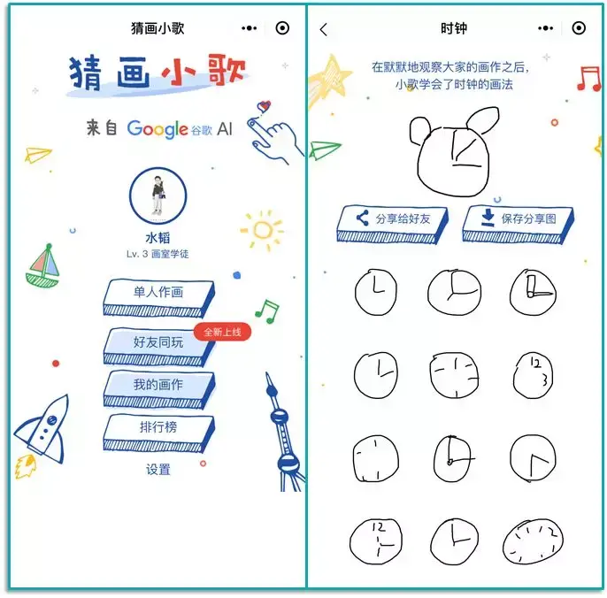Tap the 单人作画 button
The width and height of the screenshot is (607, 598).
pyautogui.click(x=158, y=294)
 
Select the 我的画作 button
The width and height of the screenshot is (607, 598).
pyautogui.click(x=158, y=386)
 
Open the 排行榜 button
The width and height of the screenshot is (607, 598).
pyautogui.click(x=158, y=428)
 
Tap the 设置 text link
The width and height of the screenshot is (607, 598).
pyautogui.click(x=158, y=470)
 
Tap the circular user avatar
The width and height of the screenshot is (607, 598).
pyautogui.click(x=158, y=195)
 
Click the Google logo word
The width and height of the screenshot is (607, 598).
pyautogui.click(x=158, y=129)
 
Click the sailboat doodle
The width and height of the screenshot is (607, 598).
pyautogui.click(x=43, y=267)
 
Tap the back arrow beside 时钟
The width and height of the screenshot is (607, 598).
pyautogui.click(x=324, y=29)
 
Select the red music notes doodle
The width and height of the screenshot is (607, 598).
pyautogui.click(x=588, y=79)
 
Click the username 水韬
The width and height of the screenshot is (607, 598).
pyautogui.click(x=158, y=238)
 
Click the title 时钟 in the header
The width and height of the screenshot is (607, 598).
pyautogui.click(x=454, y=28)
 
